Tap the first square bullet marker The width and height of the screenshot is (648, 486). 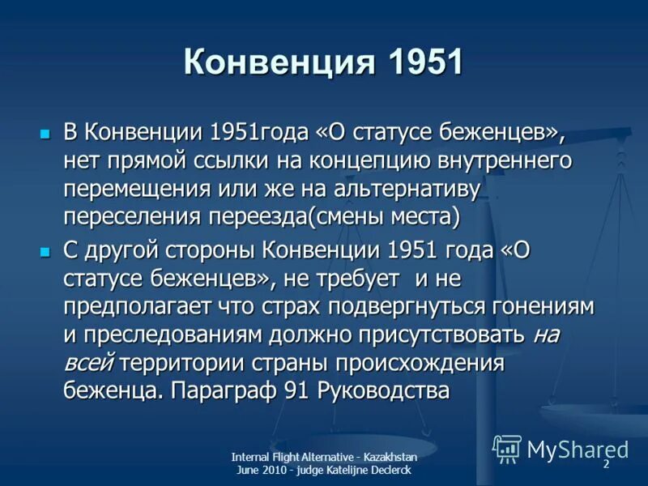(45, 131)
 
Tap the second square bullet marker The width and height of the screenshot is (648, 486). (45, 251)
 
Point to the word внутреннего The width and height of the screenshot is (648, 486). (504, 160)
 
